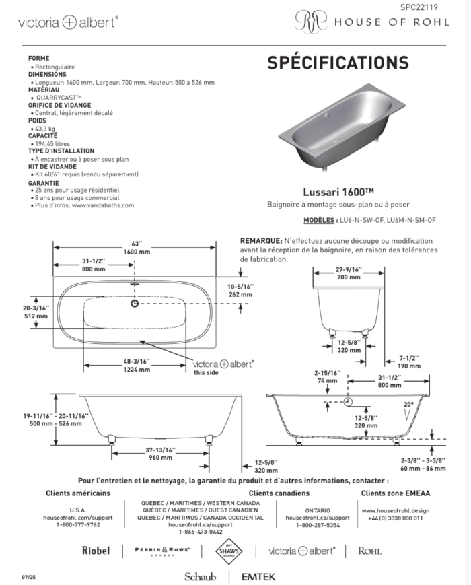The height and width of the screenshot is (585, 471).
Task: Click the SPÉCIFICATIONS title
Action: click(x=338, y=63)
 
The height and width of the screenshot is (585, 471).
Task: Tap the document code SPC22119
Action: click(x=419, y=7)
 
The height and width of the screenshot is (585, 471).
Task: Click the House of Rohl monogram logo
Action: click(x=311, y=21)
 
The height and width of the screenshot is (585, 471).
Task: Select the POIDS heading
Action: click(x=37, y=121)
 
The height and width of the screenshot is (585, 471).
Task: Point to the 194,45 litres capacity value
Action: click(x=52, y=143)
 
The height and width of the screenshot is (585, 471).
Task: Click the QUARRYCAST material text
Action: click(x=59, y=98)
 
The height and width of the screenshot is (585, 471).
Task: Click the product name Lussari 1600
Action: click(x=338, y=192)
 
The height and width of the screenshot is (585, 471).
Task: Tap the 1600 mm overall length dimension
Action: click(x=137, y=252)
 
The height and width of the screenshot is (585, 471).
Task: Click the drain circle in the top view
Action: click(x=135, y=304)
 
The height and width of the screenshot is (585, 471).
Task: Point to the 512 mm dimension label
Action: click(x=36, y=316)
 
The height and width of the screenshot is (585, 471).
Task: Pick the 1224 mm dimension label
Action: click(x=137, y=370)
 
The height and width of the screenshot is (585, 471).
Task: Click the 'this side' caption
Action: click(x=206, y=372)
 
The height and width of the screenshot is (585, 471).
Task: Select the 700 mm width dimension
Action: click(x=349, y=277)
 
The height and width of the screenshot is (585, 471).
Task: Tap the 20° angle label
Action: click(x=408, y=405)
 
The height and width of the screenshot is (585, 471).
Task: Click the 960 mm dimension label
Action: click(x=160, y=458)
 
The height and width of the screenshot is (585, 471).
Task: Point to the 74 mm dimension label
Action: click(x=327, y=380)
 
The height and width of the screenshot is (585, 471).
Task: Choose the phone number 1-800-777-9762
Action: click(x=78, y=525)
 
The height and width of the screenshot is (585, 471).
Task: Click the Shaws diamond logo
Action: click(x=229, y=551)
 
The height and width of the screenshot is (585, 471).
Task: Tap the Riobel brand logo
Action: click(x=96, y=551)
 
